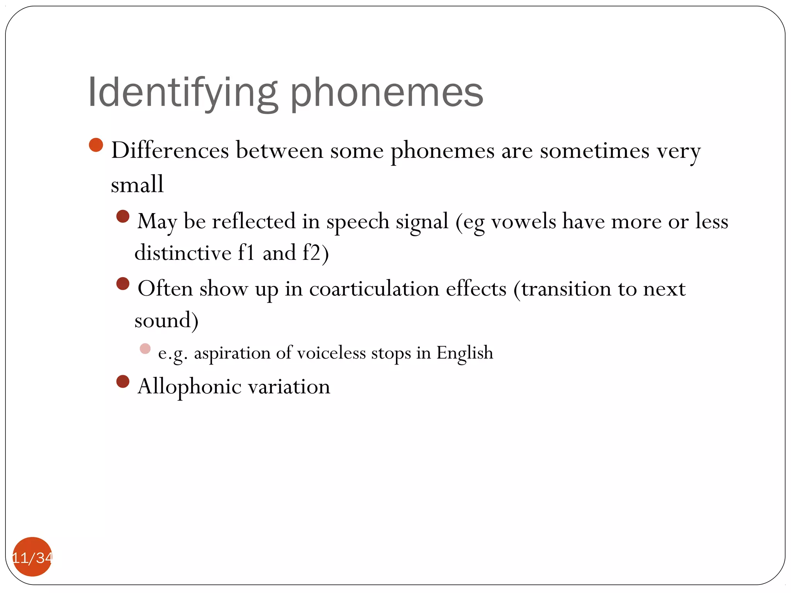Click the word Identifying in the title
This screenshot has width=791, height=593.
pos(182,93)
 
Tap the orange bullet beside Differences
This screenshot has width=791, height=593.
pos(96,145)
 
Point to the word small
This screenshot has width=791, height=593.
pos(137,184)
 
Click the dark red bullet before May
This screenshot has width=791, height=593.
pos(123,216)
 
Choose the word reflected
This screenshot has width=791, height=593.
pos(253,221)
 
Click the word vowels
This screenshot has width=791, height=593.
pos(523,221)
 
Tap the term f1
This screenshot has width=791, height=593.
pos(246,253)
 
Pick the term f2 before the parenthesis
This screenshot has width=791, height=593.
pos(311,253)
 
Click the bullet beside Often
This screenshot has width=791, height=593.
pos(123,284)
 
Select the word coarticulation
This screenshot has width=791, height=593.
pos(374,289)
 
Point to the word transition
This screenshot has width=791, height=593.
pos(566,289)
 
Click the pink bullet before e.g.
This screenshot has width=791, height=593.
pos(145,349)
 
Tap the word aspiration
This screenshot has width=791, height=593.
pos(232,353)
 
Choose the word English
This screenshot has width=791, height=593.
pos(465,353)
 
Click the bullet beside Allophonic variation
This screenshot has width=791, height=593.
pos(123,382)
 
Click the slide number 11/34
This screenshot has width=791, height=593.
pos(32,557)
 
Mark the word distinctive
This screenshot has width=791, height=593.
pos(183,253)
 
